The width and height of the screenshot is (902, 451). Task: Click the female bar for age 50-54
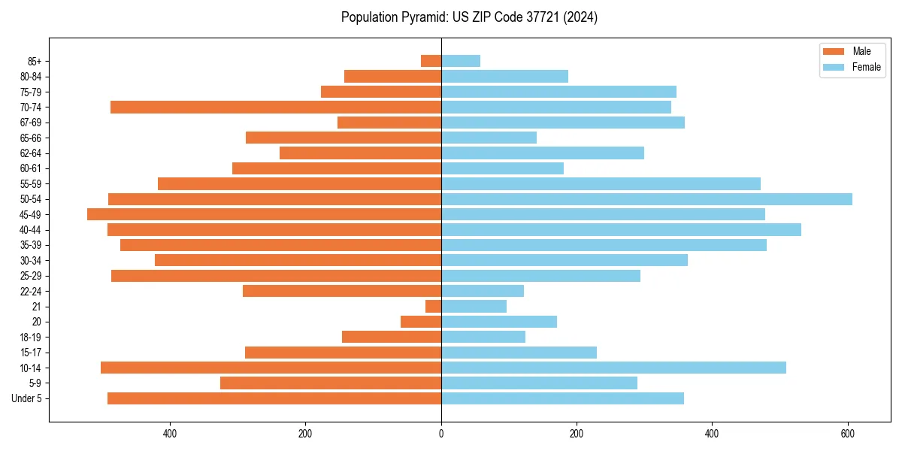coord(646,199)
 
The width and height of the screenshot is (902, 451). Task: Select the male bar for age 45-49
coord(264,214)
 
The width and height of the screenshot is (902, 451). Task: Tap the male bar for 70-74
coord(276,107)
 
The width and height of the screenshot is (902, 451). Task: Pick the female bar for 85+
coord(461,61)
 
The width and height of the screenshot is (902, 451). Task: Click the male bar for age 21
coord(433,307)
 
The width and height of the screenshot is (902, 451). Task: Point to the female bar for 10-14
coord(613,368)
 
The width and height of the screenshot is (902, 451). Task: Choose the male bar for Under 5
coord(274,398)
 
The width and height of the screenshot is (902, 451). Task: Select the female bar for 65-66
coord(489,138)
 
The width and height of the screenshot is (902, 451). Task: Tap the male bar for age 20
coord(421,322)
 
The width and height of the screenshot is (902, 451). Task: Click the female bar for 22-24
coord(483,291)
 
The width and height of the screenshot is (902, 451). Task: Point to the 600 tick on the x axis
coord(848,434)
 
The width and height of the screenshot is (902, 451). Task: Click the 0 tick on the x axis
coord(441,434)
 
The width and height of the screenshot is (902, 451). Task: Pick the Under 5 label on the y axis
coord(27,398)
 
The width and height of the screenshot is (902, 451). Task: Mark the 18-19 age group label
coord(31,337)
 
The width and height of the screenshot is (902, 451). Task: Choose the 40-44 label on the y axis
coord(31,230)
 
